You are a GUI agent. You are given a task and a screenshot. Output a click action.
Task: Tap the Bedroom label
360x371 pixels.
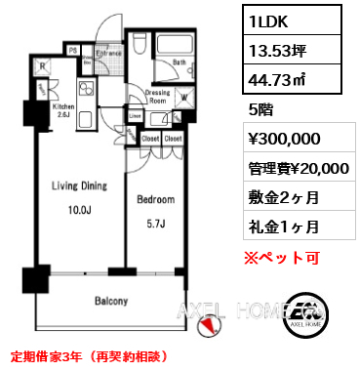(x=155, y=199)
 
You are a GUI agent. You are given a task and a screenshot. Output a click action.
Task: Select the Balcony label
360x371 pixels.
(x=110, y=302)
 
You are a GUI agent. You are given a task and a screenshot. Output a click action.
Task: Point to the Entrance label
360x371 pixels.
(x=107, y=53)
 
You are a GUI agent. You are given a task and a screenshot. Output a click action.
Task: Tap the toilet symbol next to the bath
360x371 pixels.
(x=139, y=46)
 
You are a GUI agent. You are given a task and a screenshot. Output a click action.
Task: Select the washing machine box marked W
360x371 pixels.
(x=185, y=97)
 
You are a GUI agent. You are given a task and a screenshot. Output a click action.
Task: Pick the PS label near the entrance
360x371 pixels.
(x=72, y=47)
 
